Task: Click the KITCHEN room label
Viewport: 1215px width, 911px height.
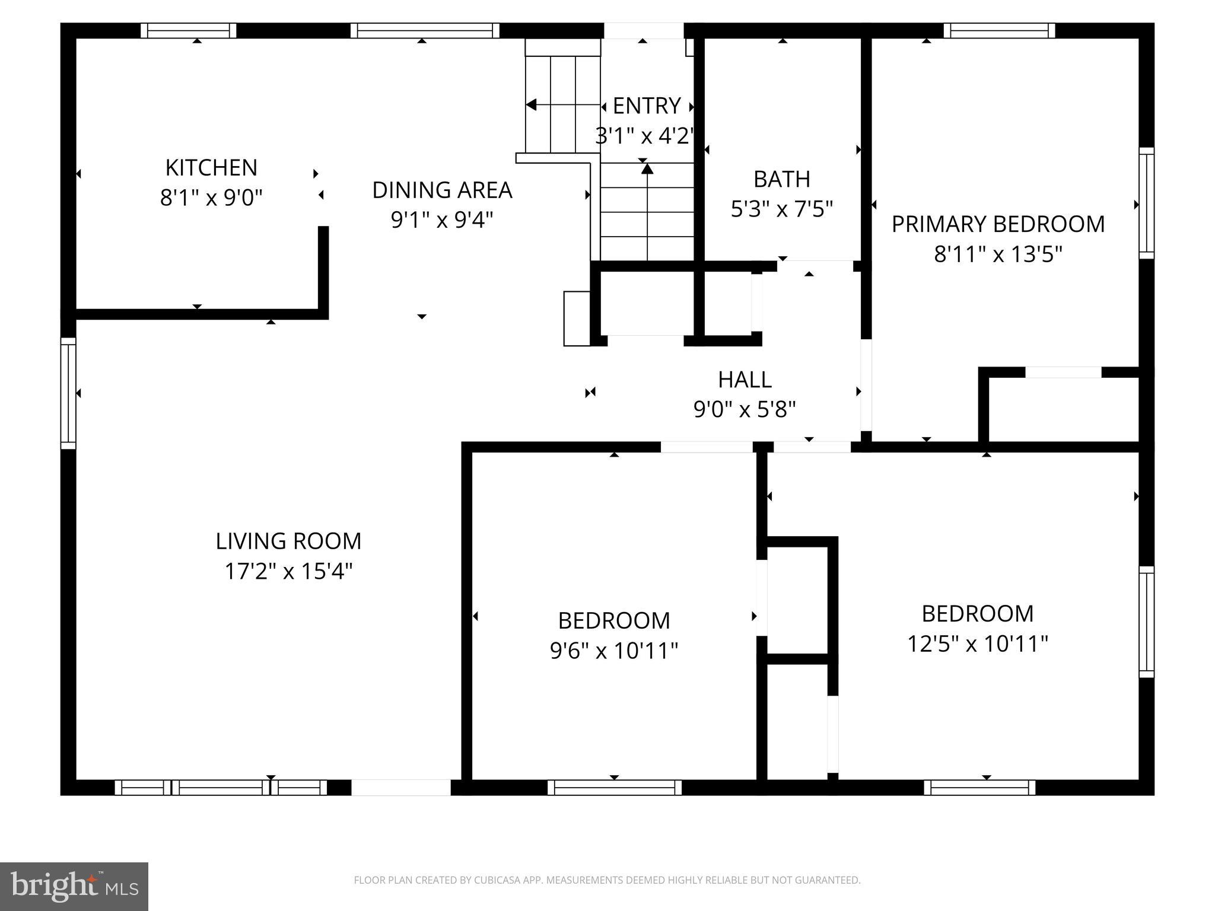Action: pos(211,168)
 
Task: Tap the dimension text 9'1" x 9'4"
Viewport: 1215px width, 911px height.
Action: pos(442,220)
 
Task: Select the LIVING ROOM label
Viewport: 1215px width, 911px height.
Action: pos(288,541)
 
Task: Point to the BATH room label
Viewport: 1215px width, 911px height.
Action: pos(782,179)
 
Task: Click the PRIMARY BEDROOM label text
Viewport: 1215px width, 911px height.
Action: pos(998,224)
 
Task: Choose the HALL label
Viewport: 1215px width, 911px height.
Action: pos(745,380)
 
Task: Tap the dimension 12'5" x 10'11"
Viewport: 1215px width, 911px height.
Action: pos(978,644)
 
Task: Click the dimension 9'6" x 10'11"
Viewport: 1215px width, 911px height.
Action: pos(614,651)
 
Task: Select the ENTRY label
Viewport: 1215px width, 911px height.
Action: pos(646,106)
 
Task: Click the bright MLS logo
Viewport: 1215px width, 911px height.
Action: pos(74,886)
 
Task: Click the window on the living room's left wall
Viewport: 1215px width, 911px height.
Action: pos(69,393)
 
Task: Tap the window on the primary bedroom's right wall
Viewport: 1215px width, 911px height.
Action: pos(1146,203)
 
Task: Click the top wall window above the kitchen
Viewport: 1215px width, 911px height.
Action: pos(188,30)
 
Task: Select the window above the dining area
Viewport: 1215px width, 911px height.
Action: pos(425,30)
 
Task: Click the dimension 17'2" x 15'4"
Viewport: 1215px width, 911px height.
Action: pos(288,572)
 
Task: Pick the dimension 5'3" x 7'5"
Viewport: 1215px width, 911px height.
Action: pos(782,209)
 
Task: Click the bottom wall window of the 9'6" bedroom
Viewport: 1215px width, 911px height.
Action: pos(614,788)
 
